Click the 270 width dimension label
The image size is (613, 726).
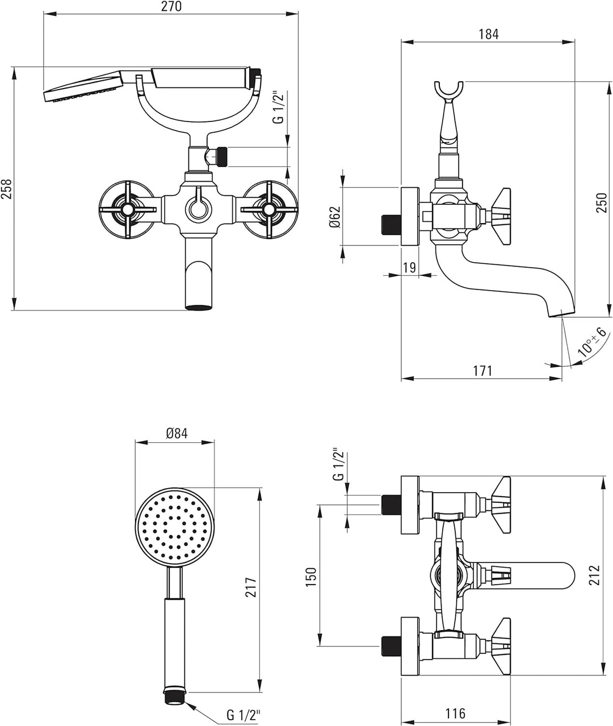pyautogui.click(x=171, y=6)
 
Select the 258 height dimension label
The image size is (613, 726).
pyautogui.click(x=7, y=189)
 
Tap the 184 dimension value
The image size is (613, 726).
pyautogui.click(x=489, y=34)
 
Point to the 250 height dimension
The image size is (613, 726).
pyautogui.click(x=602, y=203)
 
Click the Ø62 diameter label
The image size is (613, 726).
pyautogui.click(x=334, y=217)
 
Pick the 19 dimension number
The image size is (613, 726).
pyautogui.click(x=410, y=267)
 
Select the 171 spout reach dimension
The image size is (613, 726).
pyautogui.click(x=482, y=371)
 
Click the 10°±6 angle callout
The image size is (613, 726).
pyautogui.click(x=592, y=342)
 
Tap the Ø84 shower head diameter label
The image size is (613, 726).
pyautogui.click(x=177, y=433)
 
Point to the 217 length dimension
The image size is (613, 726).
pyautogui.click(x=251, y=587)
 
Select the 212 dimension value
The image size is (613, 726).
pyautogui.click(x=595, y=575)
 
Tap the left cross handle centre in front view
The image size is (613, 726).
pyautogui.click(x=127, y=209)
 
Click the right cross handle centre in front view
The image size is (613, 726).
pyautogui.click(x=270, y=209)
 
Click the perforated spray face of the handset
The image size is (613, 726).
pyautogui.click(x=174, y=527)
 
